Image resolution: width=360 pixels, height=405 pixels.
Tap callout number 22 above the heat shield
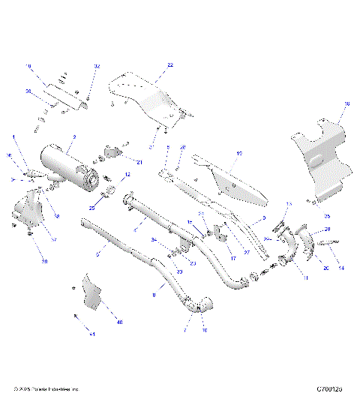point(169,66)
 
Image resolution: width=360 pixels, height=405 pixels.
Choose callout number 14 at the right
point(342,268)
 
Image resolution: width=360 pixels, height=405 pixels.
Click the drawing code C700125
point(329,389)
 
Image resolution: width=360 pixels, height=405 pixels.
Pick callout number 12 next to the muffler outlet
point(127,175)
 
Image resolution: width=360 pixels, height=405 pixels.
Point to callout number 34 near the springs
point(154,241)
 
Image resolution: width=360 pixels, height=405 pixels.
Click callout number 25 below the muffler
point(92,208)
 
